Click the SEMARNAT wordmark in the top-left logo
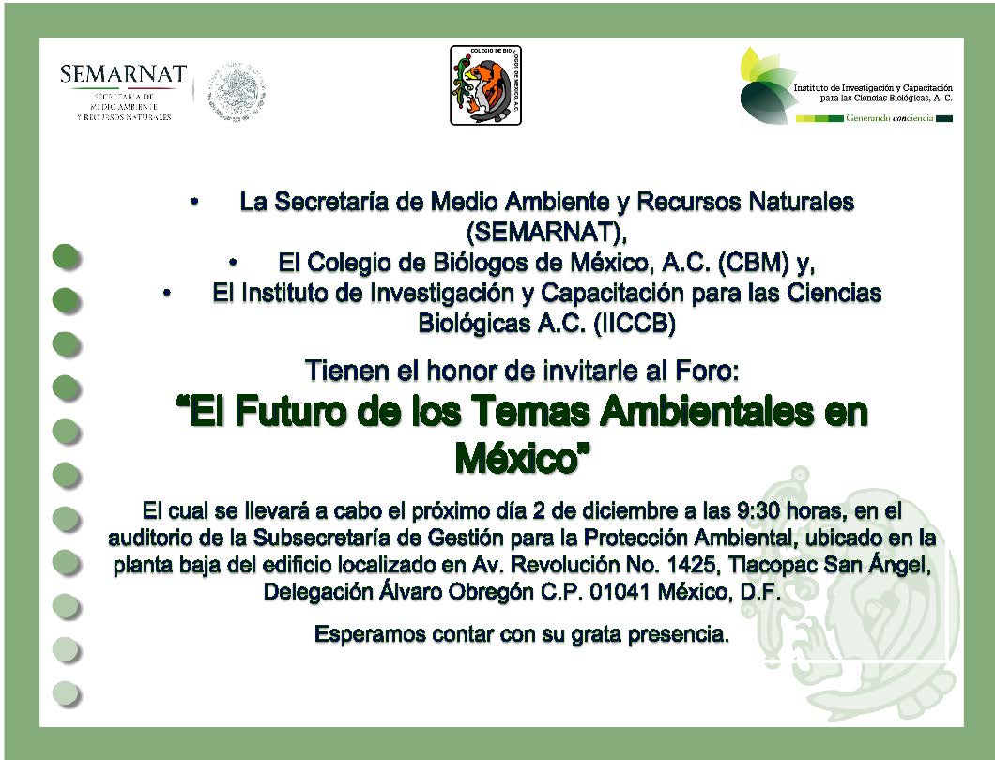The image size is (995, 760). pyautogui.click(x=123, y=74)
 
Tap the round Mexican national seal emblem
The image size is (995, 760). pyautogui.click(x=236, y=92)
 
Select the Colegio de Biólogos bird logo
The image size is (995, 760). pyautogui.click(x=485, y=85)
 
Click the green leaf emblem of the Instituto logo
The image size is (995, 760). pyautogui.click(x=767, y=85)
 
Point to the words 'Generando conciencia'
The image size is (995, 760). pyautogui.click(x=889, y=118)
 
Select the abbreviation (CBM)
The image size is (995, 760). pyautogui.click(x=754, y=262)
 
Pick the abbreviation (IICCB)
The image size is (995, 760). pyautogui.click(x=635, y=324)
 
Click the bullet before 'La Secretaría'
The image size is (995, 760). pyautogui.click(x=194, y=202)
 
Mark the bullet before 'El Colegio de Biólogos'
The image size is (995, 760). pyautogui.click(x=233, y=262)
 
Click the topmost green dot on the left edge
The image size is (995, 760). pyautogui.click(x=66, y=257)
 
